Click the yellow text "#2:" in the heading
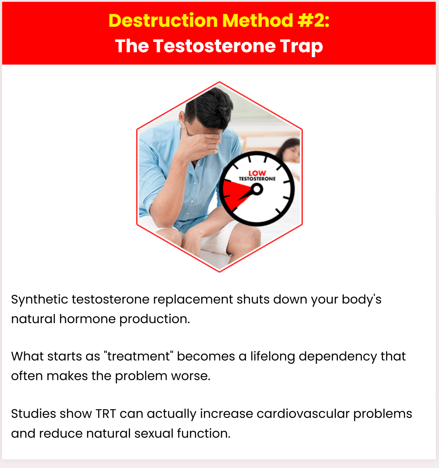[x=314, y=21]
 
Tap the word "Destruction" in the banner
[x=163, y=21]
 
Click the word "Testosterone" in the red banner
[x=214, y=46]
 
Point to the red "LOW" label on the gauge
[x=257, y=173]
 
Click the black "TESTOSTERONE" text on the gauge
[x=257, y=179]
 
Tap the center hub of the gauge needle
[x=257, y=189]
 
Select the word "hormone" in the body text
[x=88, y=319]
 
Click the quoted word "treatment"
[x=139, y=356]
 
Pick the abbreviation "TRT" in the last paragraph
[x=106, y=414]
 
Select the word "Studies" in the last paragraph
[x=33, y=414]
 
